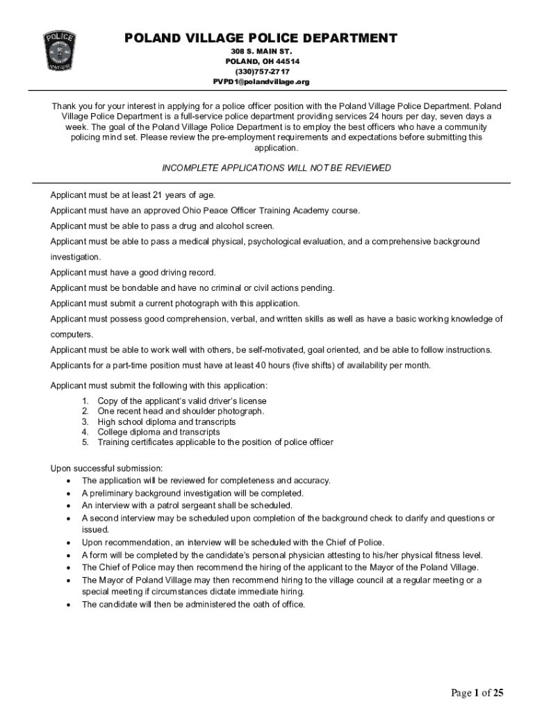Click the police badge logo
pos(60,51)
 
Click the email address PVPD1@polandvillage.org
pos(261,82)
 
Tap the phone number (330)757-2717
pos(262,72)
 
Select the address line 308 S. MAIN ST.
pos(261,52)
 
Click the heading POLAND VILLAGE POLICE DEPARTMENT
pos(261,38)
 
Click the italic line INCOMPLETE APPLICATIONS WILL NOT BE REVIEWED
pos(276,168)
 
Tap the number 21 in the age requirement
pos(157,195)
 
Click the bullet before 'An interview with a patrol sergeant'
pos(68,506)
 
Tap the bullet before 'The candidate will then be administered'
pos(68,605)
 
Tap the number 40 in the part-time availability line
pos(261,366)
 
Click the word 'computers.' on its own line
pos(72,335)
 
